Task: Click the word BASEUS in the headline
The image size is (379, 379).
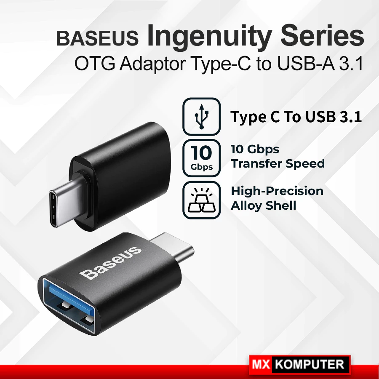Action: [x=97, y=38]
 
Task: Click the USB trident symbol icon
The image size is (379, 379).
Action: [x=201, y=117]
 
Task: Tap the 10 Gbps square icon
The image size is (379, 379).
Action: [x=201, y=158]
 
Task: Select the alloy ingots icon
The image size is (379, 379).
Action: [x=201, y=200]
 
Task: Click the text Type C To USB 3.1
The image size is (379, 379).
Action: [x=296, y=117]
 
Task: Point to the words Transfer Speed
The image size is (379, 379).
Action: [x=278, y=164]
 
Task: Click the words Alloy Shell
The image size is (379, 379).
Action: [x=264, y=206]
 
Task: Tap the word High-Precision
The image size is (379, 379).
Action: [x=277, y=191]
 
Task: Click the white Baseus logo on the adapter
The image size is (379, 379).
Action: [x=110, y=263]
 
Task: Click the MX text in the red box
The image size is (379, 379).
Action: [x=261, y=364]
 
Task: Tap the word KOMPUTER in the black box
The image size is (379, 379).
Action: [x=310, y=364]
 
